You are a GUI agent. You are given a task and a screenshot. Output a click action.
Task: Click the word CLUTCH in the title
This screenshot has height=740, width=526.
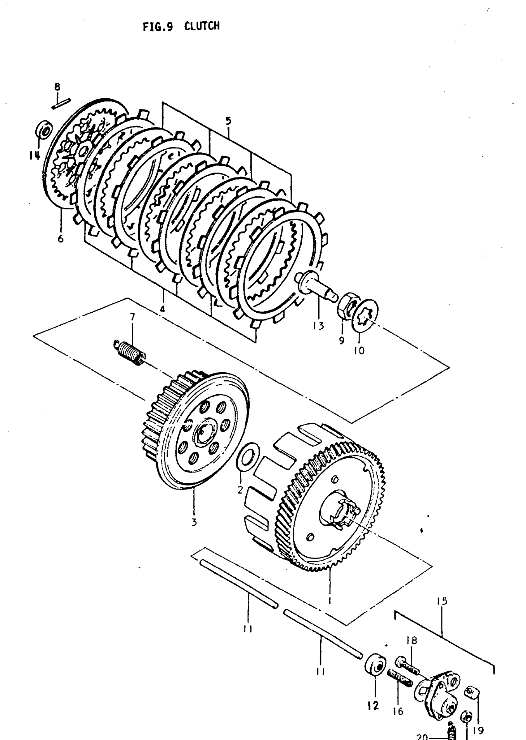coord(202,26)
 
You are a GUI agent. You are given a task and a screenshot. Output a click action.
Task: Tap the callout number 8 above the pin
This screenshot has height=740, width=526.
coord(57,87)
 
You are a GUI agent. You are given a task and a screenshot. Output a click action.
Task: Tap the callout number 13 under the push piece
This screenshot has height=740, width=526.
coord(318,326)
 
